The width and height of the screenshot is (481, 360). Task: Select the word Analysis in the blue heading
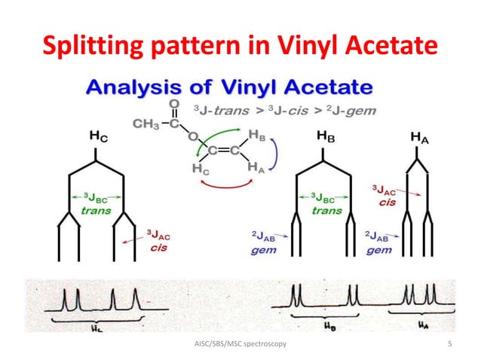coord(133,87)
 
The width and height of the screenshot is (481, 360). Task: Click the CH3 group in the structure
coord(146,124)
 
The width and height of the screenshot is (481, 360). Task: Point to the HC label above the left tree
coord(98,137)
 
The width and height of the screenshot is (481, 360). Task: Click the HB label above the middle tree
coord(325,138)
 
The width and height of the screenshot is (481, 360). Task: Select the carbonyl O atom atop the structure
coord(175,103)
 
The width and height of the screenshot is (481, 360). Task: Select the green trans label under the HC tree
coord(95,211)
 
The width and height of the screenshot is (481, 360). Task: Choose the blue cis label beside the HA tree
coord(387,202)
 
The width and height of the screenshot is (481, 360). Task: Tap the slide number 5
coord(449,344)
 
